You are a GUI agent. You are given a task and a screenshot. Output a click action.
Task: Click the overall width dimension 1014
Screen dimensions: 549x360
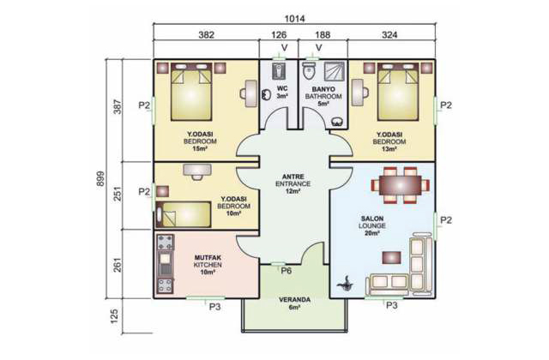(x=294, y=19)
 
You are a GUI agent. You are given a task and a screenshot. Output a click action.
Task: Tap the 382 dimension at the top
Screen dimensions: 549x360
(x=206, y=34)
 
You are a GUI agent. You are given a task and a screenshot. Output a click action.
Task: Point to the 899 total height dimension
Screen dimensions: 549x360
(x=100, y=178)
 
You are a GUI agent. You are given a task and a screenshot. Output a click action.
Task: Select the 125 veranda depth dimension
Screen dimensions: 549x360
(x=114, y=315)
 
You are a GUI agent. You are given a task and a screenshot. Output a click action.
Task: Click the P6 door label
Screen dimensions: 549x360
(x=286, y=271)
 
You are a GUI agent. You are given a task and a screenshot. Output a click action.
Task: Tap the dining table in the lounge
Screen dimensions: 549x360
(x=401, y=185)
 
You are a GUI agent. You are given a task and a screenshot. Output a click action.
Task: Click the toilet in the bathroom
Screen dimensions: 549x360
(x=309, y=71)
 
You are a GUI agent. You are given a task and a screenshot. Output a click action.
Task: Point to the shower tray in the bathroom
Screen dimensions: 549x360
(x=335, y=71)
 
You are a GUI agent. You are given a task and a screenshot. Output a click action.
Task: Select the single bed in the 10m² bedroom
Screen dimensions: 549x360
(x=183, y=214)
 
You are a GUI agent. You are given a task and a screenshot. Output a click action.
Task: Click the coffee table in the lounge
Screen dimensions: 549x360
(x=391, y=258)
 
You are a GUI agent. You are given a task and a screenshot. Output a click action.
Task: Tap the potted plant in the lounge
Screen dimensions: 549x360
(x=346, y=284)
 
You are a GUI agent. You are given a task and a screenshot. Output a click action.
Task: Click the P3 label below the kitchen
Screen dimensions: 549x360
(x=214, y=307)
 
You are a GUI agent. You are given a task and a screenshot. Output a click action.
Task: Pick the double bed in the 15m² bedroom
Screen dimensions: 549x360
(x=191, y=92)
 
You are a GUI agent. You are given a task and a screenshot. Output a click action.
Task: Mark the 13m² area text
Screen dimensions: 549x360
(x=389, y=148)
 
